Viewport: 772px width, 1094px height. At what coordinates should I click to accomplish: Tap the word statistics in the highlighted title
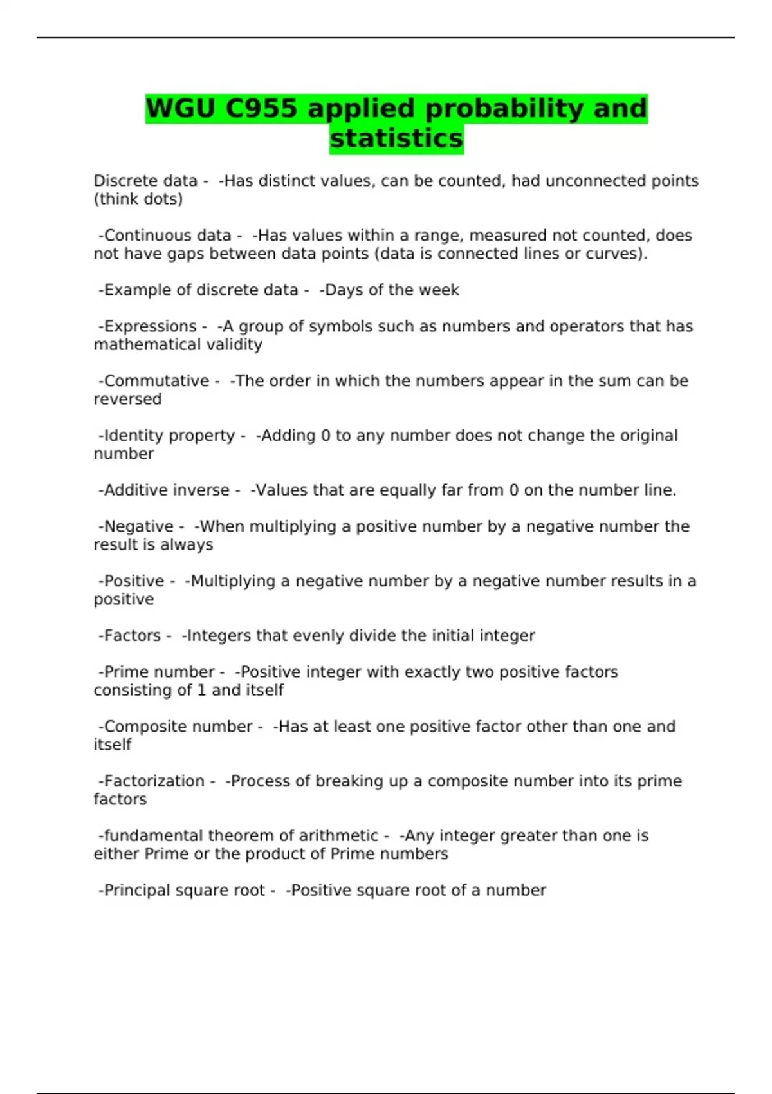[396, 138]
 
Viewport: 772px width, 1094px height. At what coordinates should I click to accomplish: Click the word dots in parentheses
[164, 199]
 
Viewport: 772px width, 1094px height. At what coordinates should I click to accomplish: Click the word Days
[344, 290]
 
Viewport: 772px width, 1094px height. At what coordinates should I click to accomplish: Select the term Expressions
[150, 326]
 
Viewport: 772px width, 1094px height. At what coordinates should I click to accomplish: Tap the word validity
[232, 345]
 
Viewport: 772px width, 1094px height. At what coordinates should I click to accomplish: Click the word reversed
[127, 399]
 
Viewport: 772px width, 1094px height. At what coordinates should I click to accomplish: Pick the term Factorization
[154, 781]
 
